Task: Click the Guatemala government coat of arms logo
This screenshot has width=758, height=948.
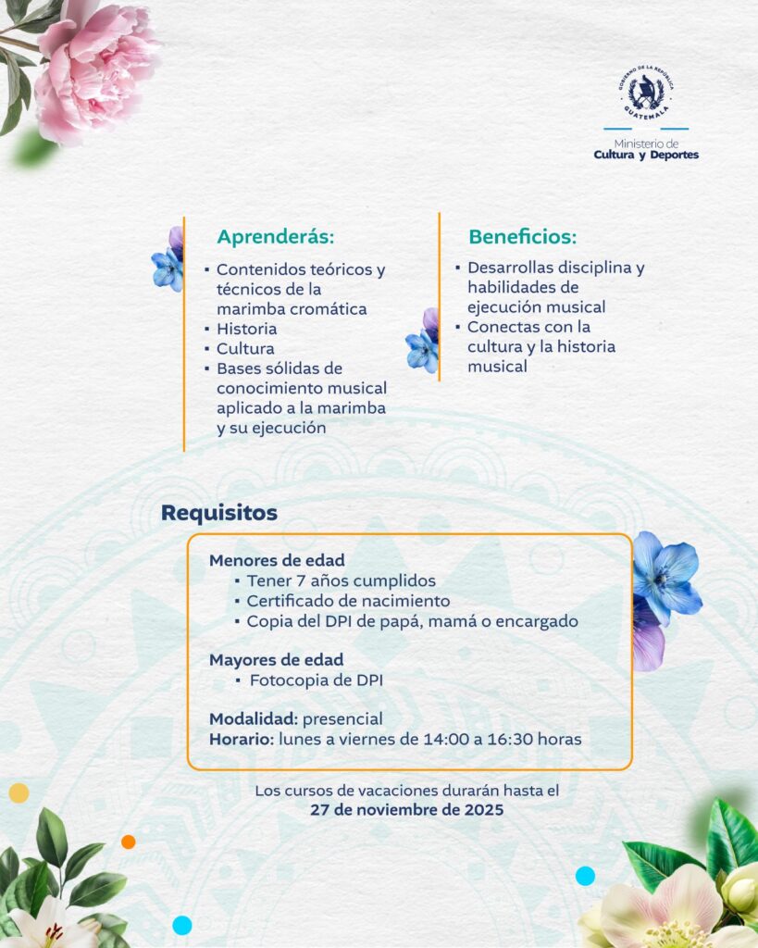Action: click(646, 92)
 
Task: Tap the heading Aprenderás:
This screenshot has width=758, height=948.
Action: click(275, 236)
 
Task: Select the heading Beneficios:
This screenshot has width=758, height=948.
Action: click(522, 236)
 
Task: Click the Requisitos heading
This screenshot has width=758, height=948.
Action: click(219, 513)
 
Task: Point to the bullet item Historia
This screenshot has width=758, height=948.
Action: click(246, 329)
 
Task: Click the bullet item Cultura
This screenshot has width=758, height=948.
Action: click(245, 349)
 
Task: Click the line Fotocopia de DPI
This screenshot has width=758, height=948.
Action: click(317, 680)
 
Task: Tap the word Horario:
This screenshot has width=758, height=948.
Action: click(242, 740)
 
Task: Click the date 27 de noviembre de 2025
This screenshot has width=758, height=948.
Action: click(407, 810)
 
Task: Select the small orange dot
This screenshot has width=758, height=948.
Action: click(128, 842)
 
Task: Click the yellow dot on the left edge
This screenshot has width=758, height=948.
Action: click(19, 792)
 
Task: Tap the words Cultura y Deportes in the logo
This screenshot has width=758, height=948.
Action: click(646, 155)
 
